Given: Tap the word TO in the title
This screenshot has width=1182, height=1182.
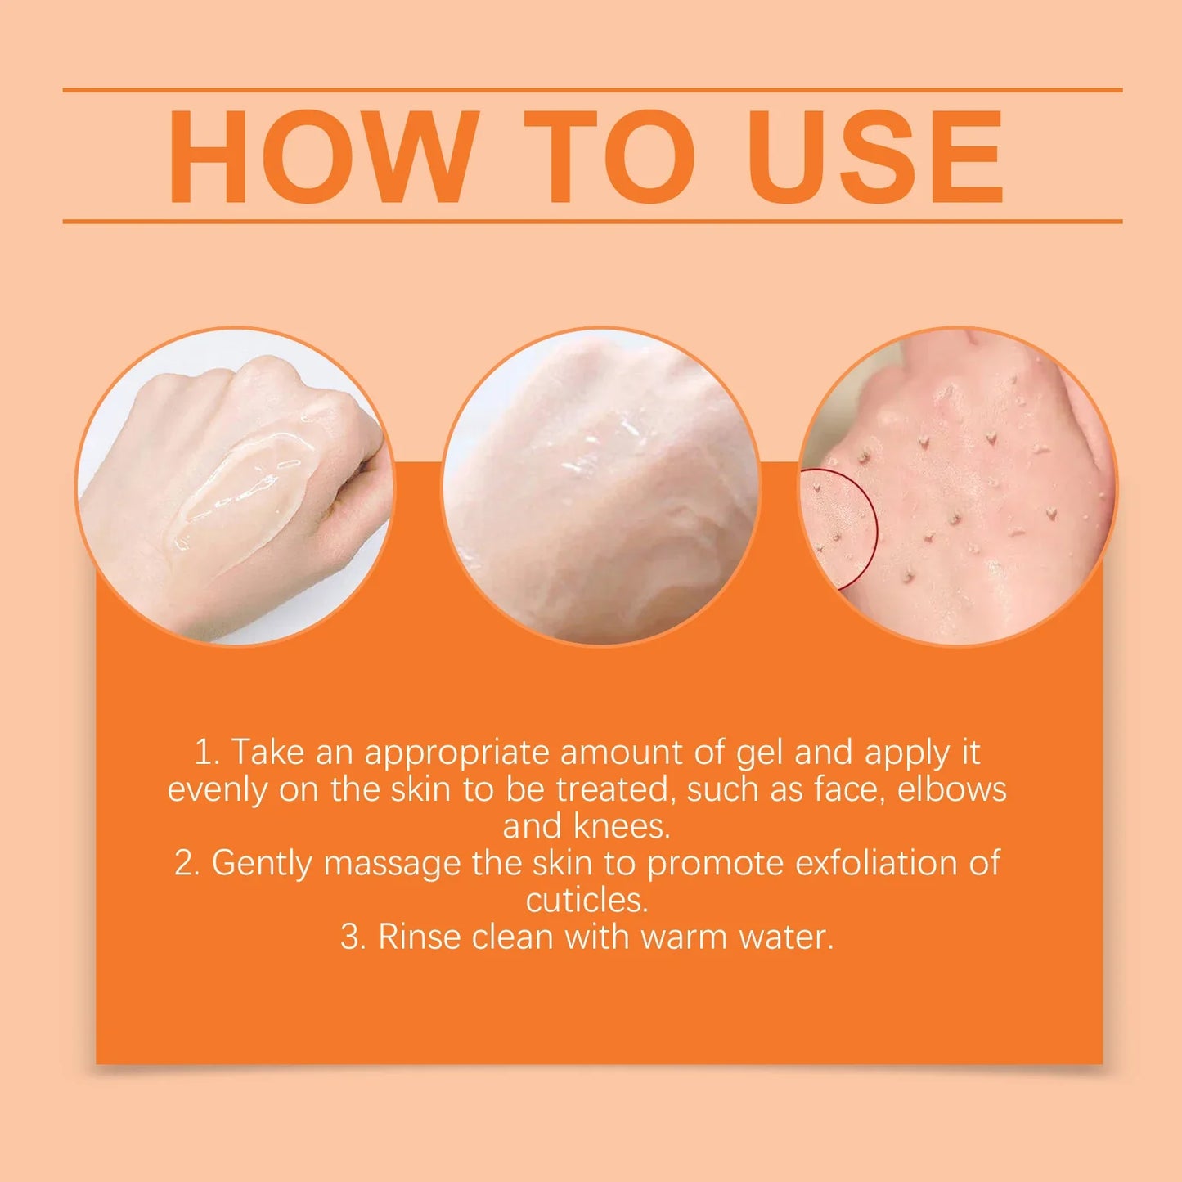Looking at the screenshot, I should click(x=609, y=156).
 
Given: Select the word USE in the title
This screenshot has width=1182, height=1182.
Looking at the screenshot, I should click(x=874, y=156).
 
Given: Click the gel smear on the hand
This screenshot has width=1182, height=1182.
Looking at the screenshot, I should click(x=245, y=491).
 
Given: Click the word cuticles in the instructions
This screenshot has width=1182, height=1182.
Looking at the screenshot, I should click(x=587, y=901).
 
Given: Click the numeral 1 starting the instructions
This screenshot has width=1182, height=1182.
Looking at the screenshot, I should click(x=204, y=753).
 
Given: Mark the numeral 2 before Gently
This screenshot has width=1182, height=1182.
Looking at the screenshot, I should click(x=185, y=864).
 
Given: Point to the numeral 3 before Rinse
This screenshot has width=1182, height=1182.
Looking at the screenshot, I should click(x=351, y=937).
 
